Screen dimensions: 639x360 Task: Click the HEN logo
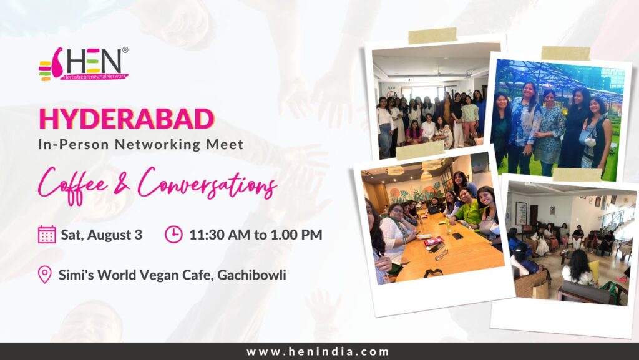tap(84, 64)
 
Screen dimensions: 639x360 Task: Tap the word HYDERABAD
tap(126, 119)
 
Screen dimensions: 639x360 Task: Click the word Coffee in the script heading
tap(74, 184)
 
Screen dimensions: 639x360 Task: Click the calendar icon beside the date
tap(47, 235)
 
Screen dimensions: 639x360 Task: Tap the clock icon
tap(173, 235)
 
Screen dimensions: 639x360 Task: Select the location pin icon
tap(44, 275)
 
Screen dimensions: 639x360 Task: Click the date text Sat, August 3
tap(102, 235)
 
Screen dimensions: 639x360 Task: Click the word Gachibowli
tap(251, 275)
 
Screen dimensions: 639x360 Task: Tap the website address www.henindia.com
tap(318, 351)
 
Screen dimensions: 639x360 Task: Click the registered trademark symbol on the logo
tap(125, 50)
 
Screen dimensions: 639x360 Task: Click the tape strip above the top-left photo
tap(432, 36)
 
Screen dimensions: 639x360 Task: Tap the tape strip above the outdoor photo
tap(565, 54)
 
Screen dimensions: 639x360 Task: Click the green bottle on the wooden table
tap(448, 225)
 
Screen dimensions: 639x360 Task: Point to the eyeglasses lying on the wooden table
tap(441, 255)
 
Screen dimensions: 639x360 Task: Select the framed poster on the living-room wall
tap(521, 213)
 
